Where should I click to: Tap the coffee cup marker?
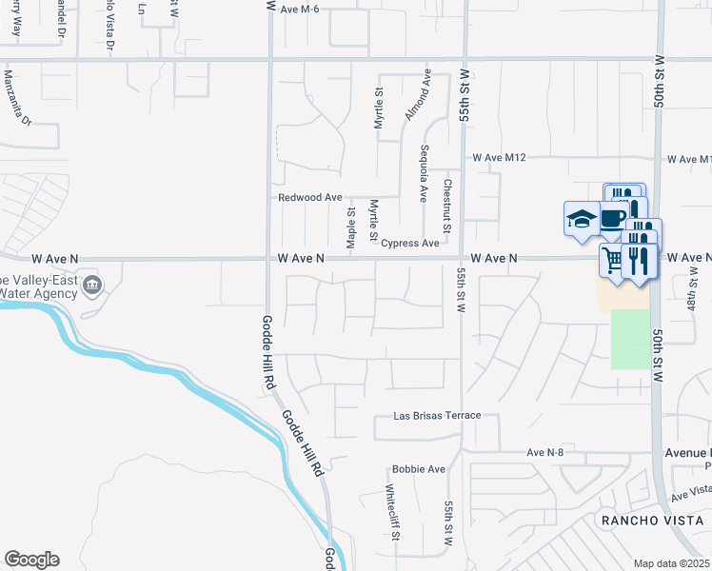coord(612,218)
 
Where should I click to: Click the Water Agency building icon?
coord(92,285)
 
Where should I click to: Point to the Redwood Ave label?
coord(309,197)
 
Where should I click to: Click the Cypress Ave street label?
coord(410,243)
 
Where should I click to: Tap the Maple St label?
coord(351,230)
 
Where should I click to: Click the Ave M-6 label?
coord(301,9)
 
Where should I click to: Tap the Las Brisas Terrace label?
coord(438,416)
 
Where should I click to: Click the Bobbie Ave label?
coord(419,469)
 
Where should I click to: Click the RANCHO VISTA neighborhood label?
coord(651,520)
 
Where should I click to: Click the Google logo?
coord(31,560)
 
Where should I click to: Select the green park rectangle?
coord(628,339)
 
